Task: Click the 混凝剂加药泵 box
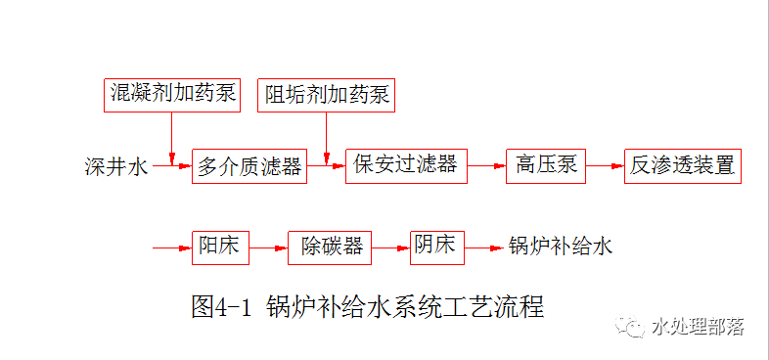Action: (172, 94)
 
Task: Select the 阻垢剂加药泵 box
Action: (327, 95)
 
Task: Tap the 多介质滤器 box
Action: (249, 165)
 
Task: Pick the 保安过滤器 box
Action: (406, 165)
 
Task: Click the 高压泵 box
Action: (546, 165)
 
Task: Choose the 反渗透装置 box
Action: (683, 165)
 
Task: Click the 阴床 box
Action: (437, 246)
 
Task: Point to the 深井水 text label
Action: (116, 166)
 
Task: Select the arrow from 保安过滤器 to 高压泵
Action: (486, 166)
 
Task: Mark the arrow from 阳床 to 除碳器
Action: (269, 247)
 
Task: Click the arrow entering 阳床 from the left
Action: (172, 247)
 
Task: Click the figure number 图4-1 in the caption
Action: (222, 306)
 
